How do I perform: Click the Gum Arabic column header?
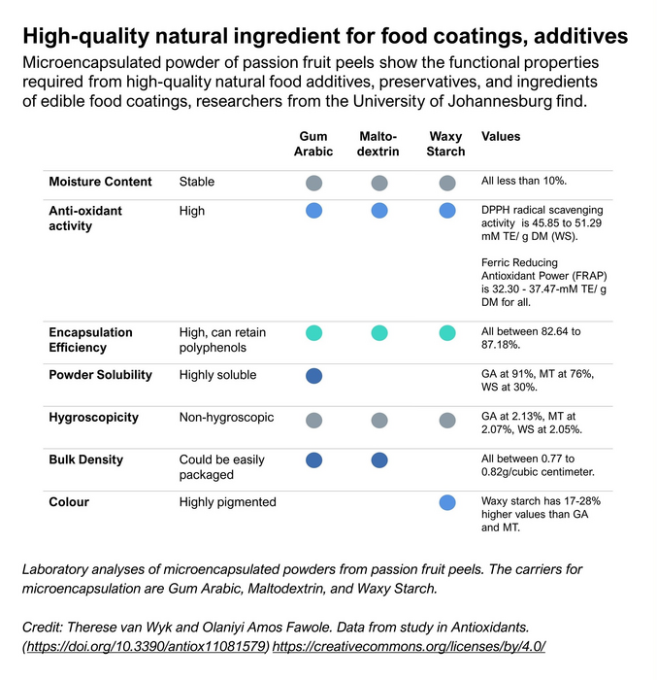point(313,144)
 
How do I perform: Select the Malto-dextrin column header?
point(378,144)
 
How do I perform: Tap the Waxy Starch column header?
point(445,144)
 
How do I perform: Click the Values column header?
point(501,137)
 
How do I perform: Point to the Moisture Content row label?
point(101,182)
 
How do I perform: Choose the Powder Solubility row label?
point(102,374)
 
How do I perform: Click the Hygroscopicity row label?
point(94,418)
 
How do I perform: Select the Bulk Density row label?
point(89,459)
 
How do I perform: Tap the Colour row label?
point(69,502)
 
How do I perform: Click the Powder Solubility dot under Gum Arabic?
point(313,376)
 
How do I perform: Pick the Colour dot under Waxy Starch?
point(446,503)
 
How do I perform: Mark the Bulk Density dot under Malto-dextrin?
point(379,461)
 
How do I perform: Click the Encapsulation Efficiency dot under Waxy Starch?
point(446,333)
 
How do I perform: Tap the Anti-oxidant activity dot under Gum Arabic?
point(313,211)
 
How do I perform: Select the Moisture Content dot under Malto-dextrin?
point(379,183)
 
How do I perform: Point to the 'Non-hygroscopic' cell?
point(226,418)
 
